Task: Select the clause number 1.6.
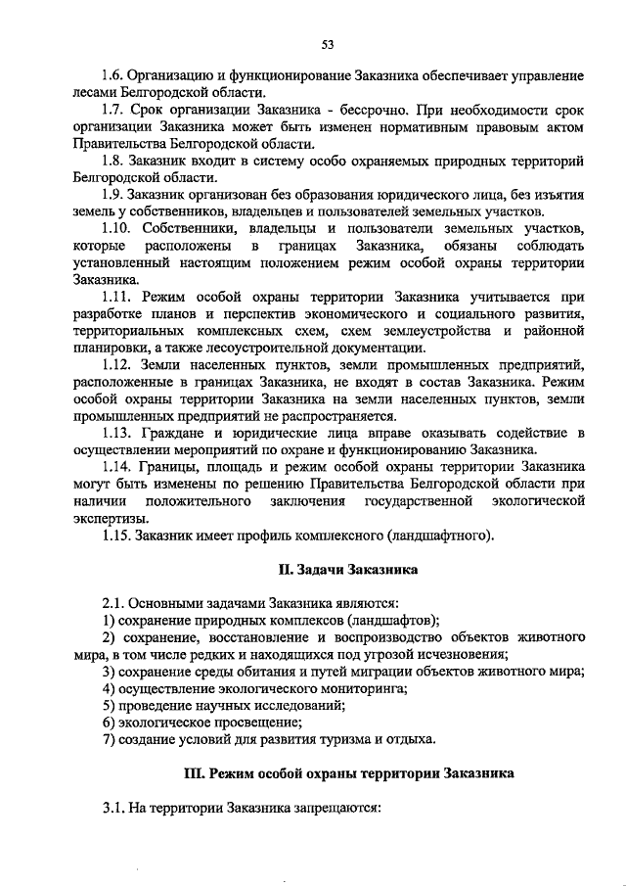pos(114,75)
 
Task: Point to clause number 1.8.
pos(114,161)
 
